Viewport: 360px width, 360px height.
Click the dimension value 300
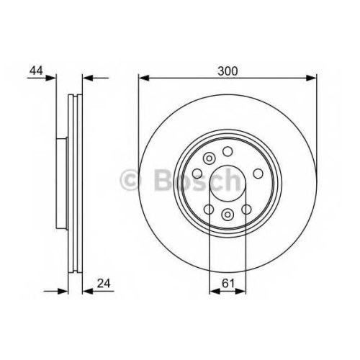[x=228, y=71]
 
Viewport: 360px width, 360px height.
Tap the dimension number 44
[x=36, y=71]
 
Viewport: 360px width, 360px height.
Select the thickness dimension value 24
[x=104, y=284]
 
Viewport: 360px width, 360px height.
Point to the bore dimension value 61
[x=228, y=284]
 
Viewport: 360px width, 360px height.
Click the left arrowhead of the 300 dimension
[x=144, y=78]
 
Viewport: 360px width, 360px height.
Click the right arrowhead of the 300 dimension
[x=311, y=78]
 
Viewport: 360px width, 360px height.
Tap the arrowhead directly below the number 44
[x=50, y=78]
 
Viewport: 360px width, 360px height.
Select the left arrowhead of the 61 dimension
[x=215, y=292]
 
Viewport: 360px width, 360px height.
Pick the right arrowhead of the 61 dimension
[x=240, y=292]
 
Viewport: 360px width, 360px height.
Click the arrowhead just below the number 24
[x=88, y=292]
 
